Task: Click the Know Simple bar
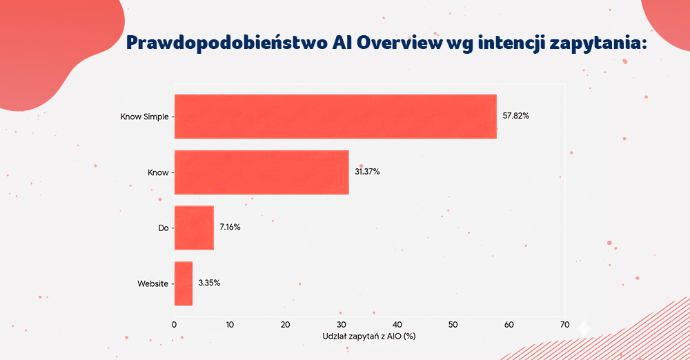coord(335,117)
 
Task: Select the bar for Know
coord(261,172)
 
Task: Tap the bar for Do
coord(194,228)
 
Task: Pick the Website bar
coord(183,283)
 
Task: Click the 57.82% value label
coord(515,116)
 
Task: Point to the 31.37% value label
coord(367,172)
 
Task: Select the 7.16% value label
coord(230,228)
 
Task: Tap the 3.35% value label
coord(209,283)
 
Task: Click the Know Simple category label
coord(144,117)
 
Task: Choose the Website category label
coord(153,283)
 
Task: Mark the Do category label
coord(163,228)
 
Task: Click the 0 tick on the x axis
coord(175,324)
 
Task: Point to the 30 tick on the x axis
coord(342,324)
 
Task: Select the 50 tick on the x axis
coord(453,324)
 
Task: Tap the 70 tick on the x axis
coord(565,324)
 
